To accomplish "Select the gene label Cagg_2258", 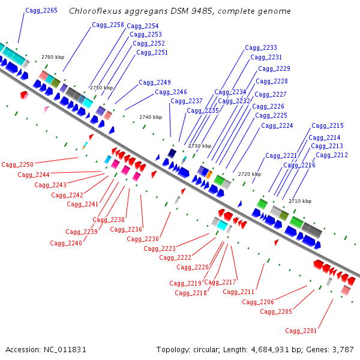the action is (108, 25).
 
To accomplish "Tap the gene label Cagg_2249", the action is (155, 83).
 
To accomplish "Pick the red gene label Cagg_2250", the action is (17, 164).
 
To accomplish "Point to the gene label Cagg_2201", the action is (301, 331).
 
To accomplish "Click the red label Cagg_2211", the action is (239, 292).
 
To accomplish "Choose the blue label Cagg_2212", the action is (332, 155).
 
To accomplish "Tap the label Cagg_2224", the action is (277, 126).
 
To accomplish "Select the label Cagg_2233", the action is (261, 48).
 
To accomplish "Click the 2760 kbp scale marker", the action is (53, 57).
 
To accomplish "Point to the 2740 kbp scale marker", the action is (151, 117).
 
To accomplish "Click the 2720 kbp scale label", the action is (250, 174).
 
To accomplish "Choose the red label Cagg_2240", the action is (66, 243).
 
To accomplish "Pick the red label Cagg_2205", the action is (276, 312).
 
